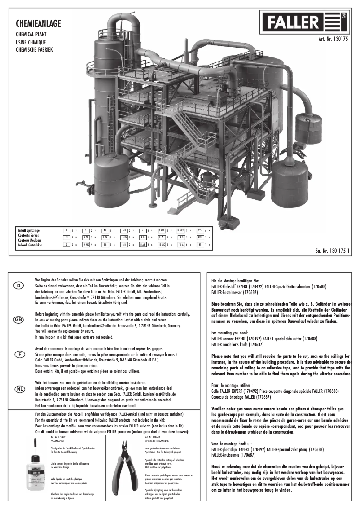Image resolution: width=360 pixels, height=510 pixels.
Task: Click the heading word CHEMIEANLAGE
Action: (x=35, y=22)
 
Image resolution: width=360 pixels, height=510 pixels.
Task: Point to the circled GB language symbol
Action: (x=19, y=320)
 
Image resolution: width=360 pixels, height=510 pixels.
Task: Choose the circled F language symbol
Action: (x=19, y=354)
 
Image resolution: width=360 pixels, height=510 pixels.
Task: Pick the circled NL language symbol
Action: (x=19, y=389)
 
